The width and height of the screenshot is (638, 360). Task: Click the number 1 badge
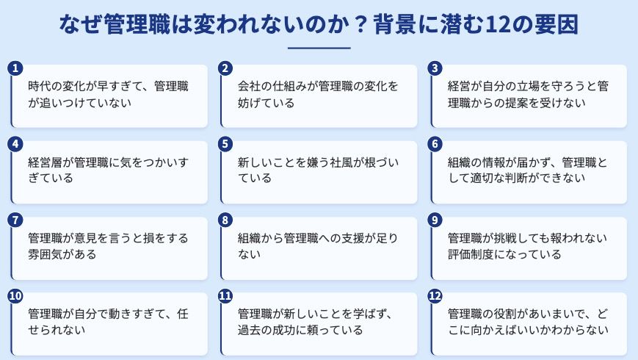pos(14,68)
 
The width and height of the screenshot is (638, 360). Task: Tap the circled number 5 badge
pos(225,144)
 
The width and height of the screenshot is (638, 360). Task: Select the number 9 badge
pos(435,220)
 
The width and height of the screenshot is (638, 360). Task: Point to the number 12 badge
pos(435,296)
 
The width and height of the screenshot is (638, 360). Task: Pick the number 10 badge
pos(14,296)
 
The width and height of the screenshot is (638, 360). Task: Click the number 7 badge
pos(14,220)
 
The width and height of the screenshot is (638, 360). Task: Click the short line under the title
pos(319,48)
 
